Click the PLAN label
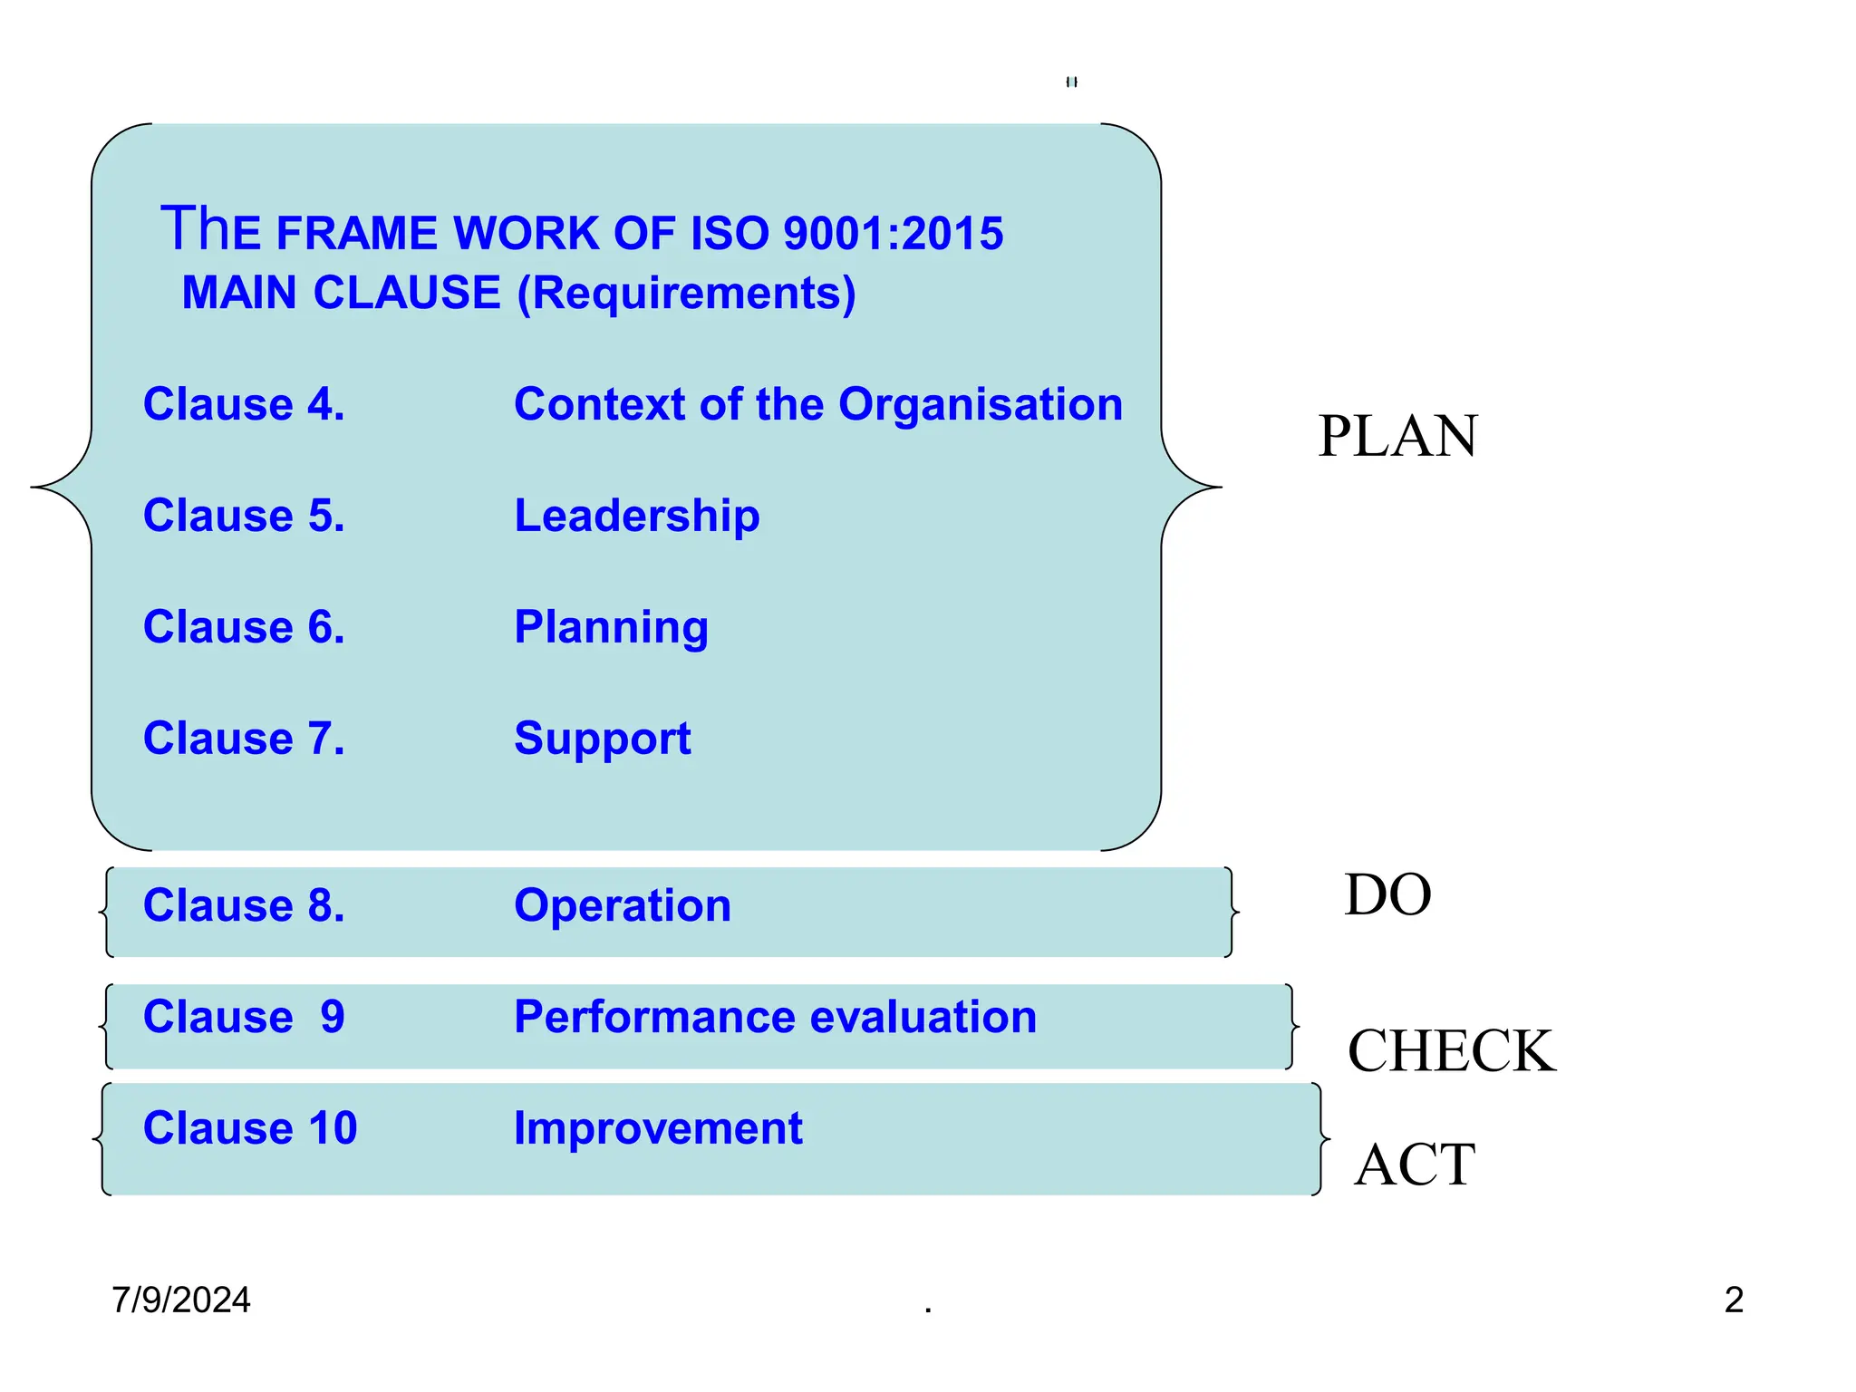point(1397,437)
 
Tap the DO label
point(1387,895)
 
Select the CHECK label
point(1451,1051)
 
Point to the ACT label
point(1414,1165)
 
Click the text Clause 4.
point(244,404)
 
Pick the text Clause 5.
point(244,516)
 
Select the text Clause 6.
point(244,627)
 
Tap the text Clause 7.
point(244,739)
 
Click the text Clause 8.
point(244,905)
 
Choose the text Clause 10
point(250,1128)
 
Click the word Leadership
point(636,517)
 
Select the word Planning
point(611,628)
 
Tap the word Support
point(602,739)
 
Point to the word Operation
point(622,905)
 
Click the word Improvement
point(658,1128)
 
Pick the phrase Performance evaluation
point(775,1017)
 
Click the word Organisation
point(980,405)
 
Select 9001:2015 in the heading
point(893,234)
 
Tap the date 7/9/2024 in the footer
point(181,1300)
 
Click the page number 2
point(1734,1300)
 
